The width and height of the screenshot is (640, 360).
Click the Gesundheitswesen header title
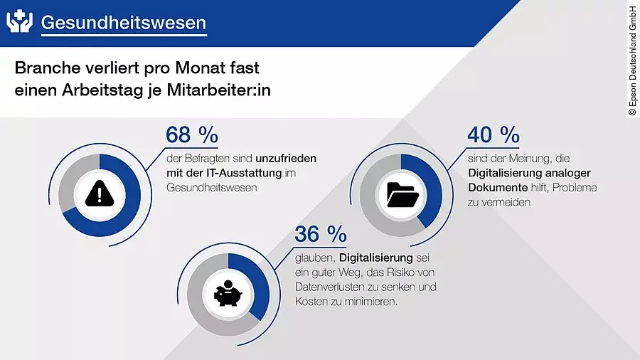tap(123, 23)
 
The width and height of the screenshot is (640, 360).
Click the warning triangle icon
tap(99, 192)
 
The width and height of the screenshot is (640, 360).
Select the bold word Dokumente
tap(497, 188)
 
